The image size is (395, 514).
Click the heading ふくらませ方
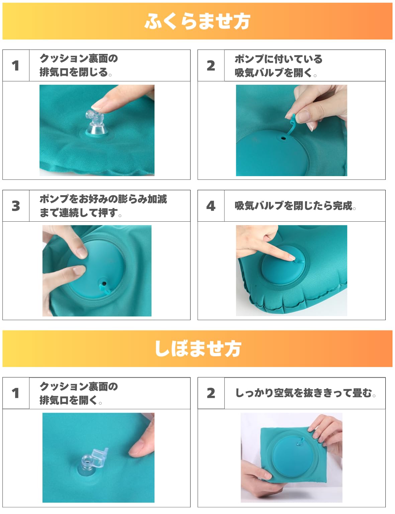[197, 21]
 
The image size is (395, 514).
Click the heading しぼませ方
[198, 349]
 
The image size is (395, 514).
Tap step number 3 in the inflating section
[16, 206]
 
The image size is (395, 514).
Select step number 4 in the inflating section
[211, 206]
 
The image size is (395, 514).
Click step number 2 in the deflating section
[211, 393]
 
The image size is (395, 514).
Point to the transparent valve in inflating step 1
[96, 124]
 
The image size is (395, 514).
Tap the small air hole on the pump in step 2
[283, 138]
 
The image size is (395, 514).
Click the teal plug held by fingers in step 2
[292, 125]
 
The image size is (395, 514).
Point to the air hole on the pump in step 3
[104, 283]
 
